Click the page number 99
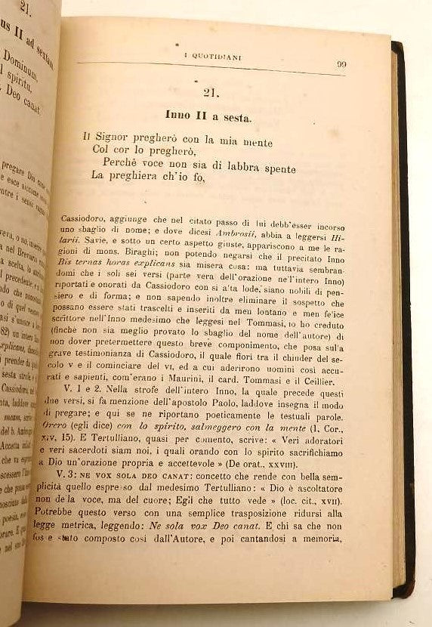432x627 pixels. pos(341,64)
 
